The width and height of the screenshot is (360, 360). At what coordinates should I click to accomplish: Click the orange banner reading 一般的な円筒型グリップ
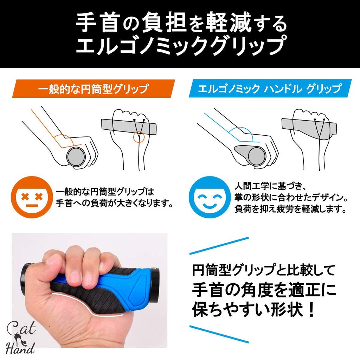click(x=93, y=89)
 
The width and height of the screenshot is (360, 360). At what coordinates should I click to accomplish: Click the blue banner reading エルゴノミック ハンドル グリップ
click(x=269, y=89)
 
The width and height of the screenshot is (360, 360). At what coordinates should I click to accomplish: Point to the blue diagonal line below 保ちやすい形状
click(x=221, y=333)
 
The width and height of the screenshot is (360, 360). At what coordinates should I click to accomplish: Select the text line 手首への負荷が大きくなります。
click(x=115, y=203)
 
